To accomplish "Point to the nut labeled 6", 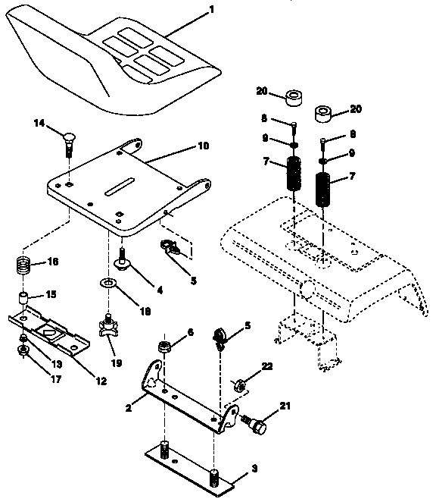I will pyautogui.click(x=164, y=348).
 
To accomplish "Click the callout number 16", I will pyautogui.click(x=51, y=262).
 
